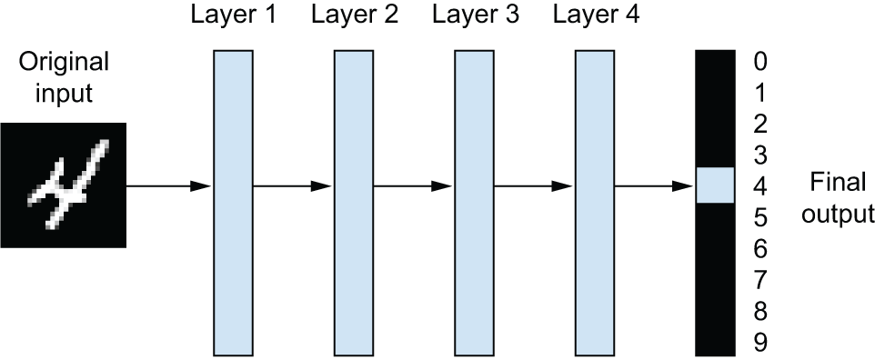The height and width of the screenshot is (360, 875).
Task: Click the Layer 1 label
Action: pos(233,15)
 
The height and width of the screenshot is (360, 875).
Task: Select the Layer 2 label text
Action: pos(355,15)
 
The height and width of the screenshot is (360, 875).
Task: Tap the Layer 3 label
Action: pos(475,15)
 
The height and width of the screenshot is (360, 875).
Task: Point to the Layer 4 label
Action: pos(596,15)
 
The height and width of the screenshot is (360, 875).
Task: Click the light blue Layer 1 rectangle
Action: pos(233,203)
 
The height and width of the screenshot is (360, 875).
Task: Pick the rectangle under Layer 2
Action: pos(354,203)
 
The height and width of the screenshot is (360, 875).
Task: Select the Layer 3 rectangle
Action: pos(474,203)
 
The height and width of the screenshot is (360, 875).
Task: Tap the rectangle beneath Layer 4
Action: pos(595,203)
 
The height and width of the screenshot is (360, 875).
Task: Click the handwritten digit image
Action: pos(63,185)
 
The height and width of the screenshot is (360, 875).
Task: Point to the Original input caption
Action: pos(64,77)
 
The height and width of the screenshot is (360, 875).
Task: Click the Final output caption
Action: pos(837,199)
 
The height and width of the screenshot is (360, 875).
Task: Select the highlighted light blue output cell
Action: pos(715,185)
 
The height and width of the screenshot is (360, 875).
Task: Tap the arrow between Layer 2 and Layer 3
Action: pos(414,185)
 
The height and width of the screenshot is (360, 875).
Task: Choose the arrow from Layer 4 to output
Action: pos(655,185)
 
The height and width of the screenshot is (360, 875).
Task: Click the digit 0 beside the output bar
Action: pos(760,62)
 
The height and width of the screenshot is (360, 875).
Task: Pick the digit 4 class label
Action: pos(760,185)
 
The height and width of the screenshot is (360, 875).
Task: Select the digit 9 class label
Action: pos(760,342)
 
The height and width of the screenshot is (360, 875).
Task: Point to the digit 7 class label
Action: pos(760,280)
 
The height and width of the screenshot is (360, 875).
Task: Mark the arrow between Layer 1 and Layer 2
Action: pos(294,185)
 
